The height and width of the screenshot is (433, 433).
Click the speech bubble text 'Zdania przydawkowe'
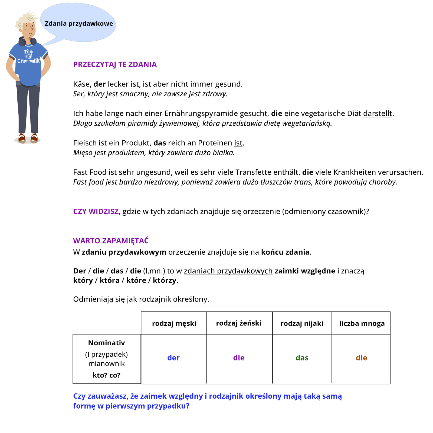(x=79, y=24)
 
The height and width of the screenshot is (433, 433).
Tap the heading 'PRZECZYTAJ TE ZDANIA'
(x=115, y=64)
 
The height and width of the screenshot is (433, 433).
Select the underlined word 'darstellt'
(x=378, y=113)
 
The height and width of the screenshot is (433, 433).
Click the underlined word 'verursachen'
(x=399, y=172)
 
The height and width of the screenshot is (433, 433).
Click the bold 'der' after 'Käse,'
(x=100, y=84)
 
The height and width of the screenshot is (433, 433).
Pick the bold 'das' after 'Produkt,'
(x=160, y=143)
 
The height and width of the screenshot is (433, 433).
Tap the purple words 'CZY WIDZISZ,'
(x=97, y=211)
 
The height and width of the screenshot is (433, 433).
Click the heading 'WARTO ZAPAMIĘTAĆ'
(x=111, y=241)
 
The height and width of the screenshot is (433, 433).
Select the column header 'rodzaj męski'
(x=174, y=323)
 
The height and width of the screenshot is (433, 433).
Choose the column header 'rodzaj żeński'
(x=239, y=323)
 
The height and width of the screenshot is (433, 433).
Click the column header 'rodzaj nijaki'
(x=302, y=323)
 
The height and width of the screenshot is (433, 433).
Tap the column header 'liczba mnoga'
(x=362, y=323)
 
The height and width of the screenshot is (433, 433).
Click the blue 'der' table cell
(x=173, y=358)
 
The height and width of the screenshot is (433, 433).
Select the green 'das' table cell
(x=302, y=358)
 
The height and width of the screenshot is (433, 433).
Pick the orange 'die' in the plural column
(x=361, y=358)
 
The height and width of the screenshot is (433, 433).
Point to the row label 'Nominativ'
(x=106, y=343)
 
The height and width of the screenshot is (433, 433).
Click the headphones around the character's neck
(x=27, y=41)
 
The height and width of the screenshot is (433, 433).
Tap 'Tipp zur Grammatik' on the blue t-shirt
(x=28, y=57)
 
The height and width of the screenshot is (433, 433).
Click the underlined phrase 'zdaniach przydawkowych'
(x=228, y=271)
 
